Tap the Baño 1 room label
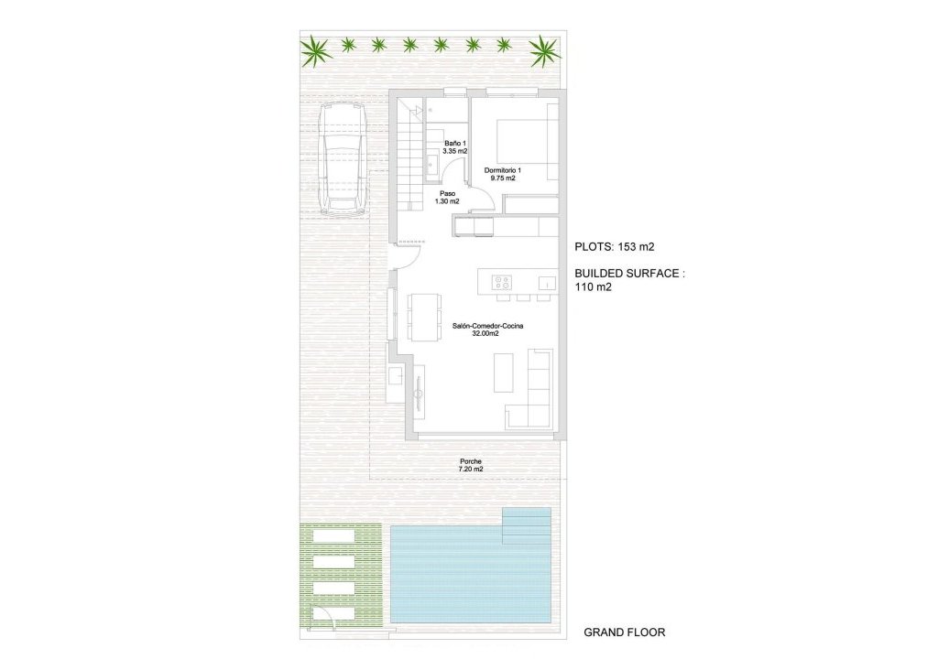455,147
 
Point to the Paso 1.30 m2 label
447,198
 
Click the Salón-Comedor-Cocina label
487,330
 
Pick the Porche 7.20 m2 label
471,465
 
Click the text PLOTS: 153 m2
614,246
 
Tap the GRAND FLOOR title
625,632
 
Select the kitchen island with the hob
517,281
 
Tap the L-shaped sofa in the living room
536,394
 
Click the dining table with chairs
422,315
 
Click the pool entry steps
527,524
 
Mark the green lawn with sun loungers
341,575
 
